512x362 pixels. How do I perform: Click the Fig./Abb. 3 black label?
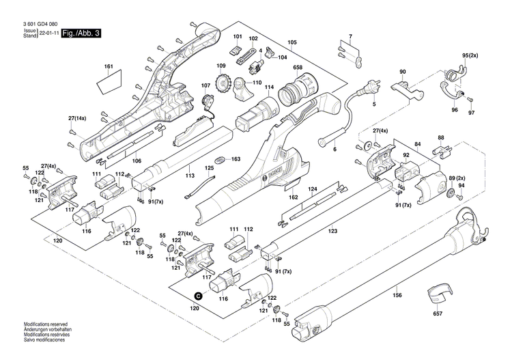(x=81, y=33)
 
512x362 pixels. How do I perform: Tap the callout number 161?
(x=108, y=66)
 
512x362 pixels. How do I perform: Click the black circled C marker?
(x=199, y=296)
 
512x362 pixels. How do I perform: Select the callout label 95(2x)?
(x=470, y=55)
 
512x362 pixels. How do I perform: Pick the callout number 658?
(x=298, y=67)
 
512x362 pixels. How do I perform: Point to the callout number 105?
(x=292, y=42)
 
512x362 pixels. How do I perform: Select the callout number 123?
(x=332, y=232)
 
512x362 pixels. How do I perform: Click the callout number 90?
(x=402, y=72)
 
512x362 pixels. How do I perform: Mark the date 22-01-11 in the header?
(x=48, y=33)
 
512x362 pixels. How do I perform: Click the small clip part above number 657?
(x=438, y=296)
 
